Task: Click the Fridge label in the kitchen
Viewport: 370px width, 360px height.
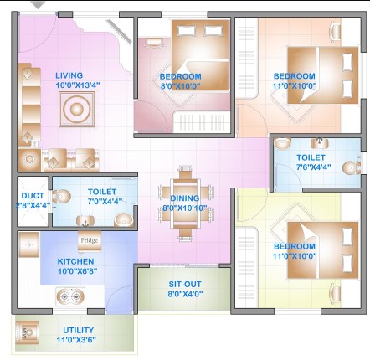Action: [x=90, y=240]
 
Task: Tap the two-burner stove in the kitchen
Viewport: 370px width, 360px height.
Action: [x=70, y=296]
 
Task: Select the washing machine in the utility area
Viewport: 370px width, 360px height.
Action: [x=27, y=332]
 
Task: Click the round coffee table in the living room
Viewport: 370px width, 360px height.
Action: [x=77, y=109]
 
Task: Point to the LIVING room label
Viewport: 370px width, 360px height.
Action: [x=69, y=75]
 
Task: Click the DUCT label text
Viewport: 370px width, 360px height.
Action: [x=33, y=195]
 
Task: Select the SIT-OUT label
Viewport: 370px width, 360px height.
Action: [x=185, y=284]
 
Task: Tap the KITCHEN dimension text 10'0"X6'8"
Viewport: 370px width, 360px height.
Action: [x=77, y=271]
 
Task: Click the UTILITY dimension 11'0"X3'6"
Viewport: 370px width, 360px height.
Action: [x=76, y=340]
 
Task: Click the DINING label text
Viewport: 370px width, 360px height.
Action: [x=185, y=198]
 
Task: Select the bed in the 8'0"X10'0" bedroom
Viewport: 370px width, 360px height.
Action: [x=200, y=55]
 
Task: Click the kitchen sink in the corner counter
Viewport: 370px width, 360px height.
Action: [x=28, y=244]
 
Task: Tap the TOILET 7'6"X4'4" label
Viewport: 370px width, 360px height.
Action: [x=314, y=162]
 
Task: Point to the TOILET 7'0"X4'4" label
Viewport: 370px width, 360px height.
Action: [x=105, y=197]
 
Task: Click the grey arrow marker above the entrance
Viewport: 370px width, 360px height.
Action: [x=38, y=5]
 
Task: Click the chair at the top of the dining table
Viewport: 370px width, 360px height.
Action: [x=185, y=172]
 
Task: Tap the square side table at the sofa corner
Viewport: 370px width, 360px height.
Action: [x=29, y=160]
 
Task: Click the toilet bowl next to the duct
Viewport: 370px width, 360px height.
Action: [x=61, y=196]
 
